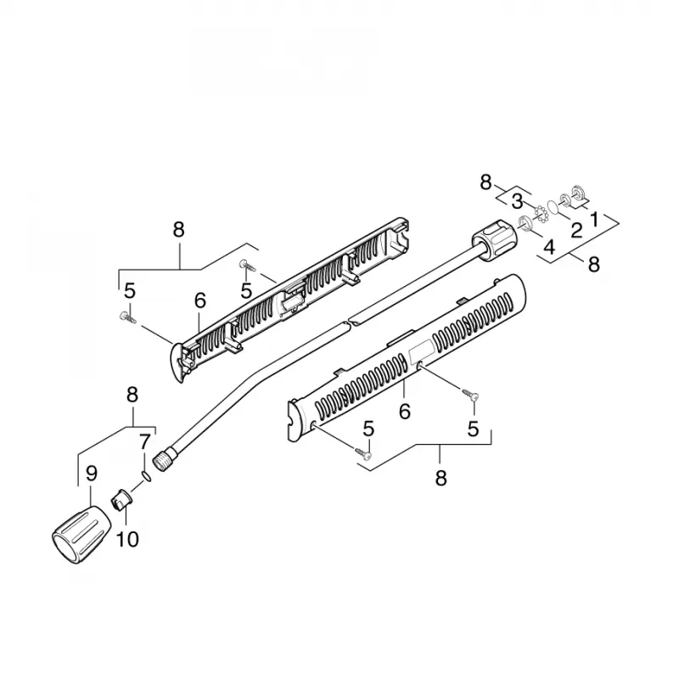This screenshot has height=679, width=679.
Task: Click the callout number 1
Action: (x=595, y=220)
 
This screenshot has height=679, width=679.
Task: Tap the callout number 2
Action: (x=576, y=230)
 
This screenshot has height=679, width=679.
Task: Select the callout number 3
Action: (x=517, y=201)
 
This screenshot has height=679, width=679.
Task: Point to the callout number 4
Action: (x=549, y=247)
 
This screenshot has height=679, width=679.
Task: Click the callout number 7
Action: (x=144, y=441)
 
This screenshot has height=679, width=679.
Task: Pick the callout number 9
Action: (x=92, y=474)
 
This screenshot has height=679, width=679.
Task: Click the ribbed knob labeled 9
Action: (x=81, y=535)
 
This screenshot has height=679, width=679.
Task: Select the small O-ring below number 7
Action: (x=147, y=476)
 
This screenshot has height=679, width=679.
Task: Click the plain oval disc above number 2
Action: (x=553, y=206)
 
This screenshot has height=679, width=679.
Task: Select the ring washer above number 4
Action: (x=525, y=223)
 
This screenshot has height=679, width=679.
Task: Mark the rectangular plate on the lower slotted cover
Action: (x=422, y=349)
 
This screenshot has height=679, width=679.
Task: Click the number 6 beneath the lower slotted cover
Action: (x=405, y=411)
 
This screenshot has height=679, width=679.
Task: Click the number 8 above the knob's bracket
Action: (x=132, y=395)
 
